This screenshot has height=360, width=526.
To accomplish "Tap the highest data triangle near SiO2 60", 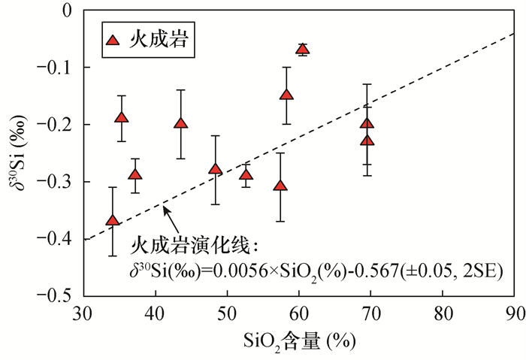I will pos(302,50).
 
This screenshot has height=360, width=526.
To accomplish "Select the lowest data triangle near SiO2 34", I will pos(113,220).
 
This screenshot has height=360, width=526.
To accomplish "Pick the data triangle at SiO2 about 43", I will pos(180,124).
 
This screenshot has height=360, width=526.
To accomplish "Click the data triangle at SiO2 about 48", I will pos(216,169).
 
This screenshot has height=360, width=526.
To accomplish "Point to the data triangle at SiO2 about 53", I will pos(246,175).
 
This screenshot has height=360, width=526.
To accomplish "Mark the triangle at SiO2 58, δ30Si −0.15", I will pos(286,95).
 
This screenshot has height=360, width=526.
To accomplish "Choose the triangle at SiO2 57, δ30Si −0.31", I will pos(280,186).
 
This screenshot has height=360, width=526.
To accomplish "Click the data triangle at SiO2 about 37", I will pos(135,175).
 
